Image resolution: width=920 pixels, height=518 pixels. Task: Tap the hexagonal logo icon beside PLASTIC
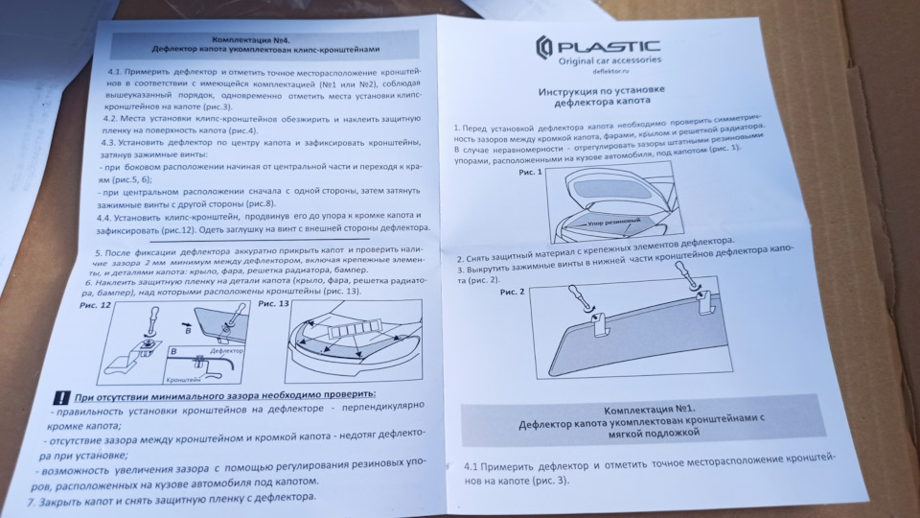tap(543, 49)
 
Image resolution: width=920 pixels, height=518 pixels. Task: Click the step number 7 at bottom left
tap(30, 501)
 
